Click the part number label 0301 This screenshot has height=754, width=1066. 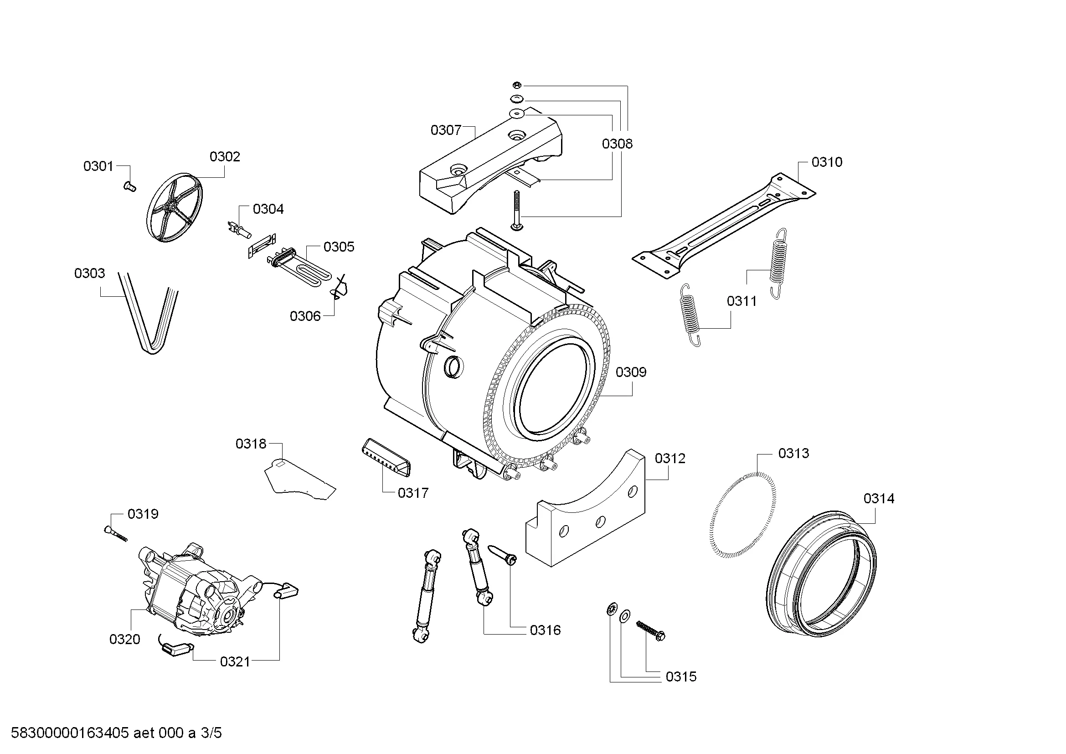(98, 166)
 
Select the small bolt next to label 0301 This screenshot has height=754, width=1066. (130, 186)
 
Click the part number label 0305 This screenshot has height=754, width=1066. (339, 247)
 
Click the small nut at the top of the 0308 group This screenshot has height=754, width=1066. (517, 85)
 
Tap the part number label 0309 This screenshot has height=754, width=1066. (631, 372)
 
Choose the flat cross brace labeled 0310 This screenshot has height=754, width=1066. (724, 227)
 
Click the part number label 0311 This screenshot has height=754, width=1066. (742, 301)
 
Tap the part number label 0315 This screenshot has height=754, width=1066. (681, 677)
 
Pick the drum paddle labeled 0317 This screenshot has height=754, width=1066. (386, 457)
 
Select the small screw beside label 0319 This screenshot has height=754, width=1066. (116, 532)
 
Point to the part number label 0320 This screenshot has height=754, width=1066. (124, 639)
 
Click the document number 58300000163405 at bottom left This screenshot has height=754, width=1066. (70, 733)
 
